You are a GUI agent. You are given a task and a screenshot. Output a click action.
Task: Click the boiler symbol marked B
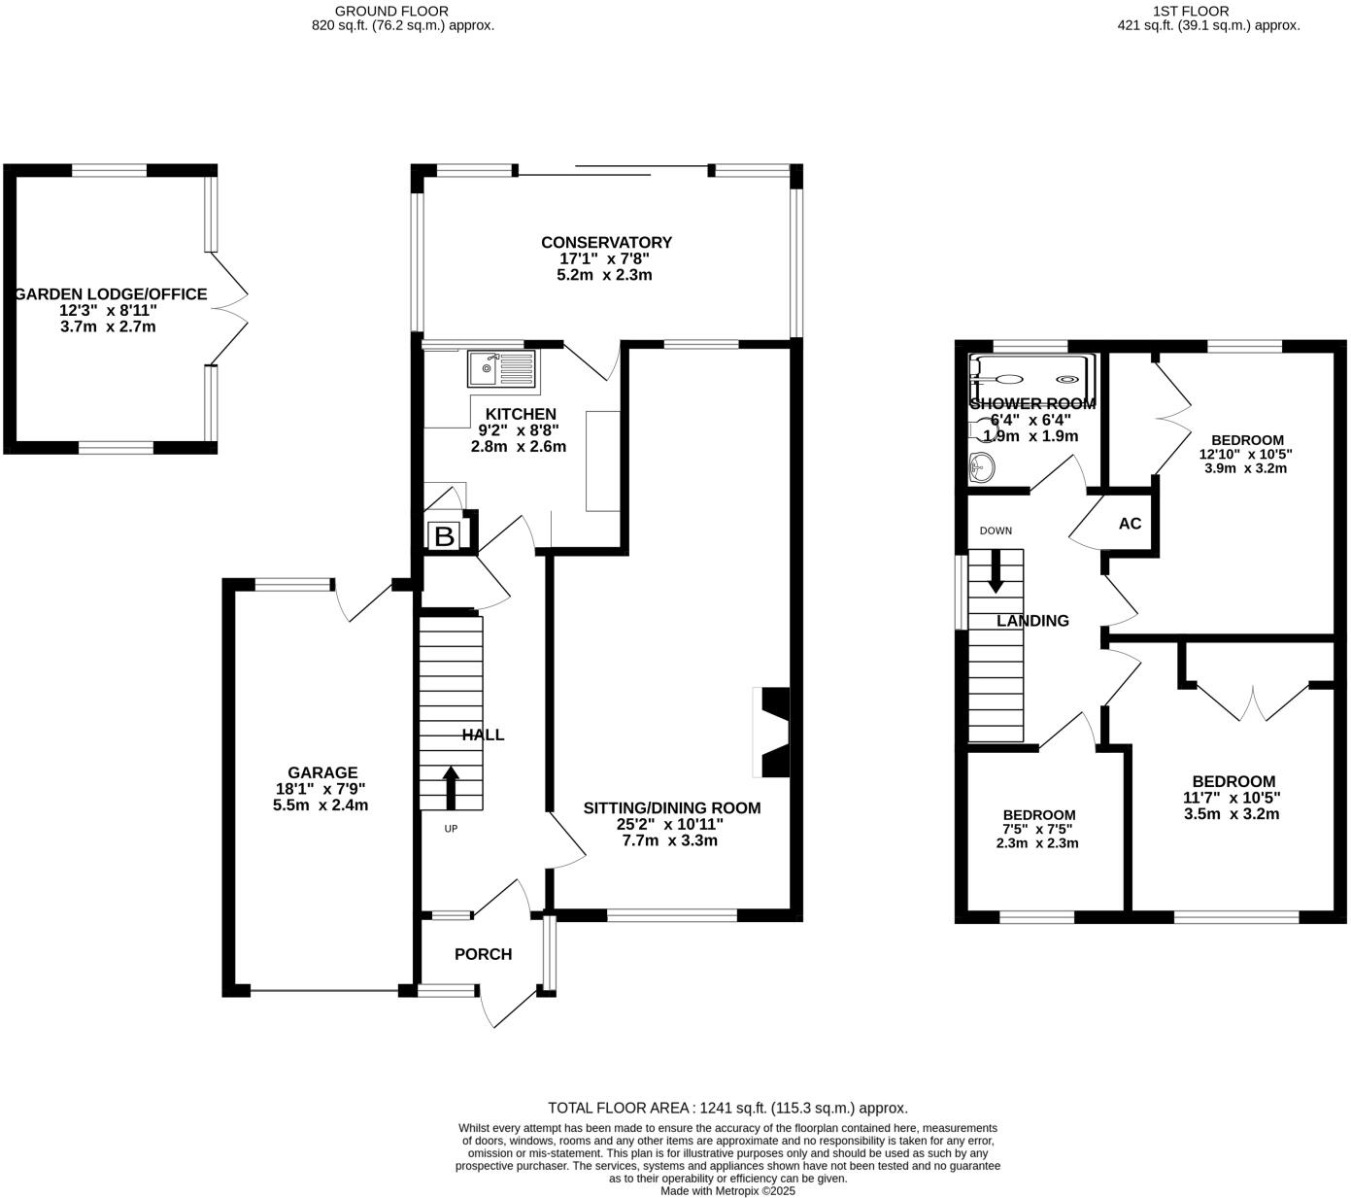coord(444,536)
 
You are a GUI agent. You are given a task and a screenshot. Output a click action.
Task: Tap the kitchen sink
coord(500,369)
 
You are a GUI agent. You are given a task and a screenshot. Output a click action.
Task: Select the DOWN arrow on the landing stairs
coord(996,571)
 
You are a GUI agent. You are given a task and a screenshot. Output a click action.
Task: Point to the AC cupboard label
coord(1130,524)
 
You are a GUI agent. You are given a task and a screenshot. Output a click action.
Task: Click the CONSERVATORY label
coord(606,243)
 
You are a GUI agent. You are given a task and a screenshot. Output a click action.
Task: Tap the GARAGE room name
coord(321,773)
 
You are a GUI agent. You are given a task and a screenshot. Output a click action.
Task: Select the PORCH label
coord(483,954)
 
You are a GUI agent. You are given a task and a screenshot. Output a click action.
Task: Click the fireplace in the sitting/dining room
coord(773,733)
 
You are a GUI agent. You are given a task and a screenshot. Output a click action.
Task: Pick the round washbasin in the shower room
coord(982,468)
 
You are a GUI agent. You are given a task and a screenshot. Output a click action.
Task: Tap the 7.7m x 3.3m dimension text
coord(670,840)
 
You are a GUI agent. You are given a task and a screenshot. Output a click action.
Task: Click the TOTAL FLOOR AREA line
coord(727,1108)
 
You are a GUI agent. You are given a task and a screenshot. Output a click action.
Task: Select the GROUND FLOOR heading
coord(391,11)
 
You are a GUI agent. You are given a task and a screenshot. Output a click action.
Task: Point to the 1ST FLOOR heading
coord(1190,11)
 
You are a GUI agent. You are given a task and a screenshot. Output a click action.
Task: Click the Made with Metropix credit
coord(727,1190)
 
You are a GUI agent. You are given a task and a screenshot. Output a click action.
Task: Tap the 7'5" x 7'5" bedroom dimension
coord(1037,830)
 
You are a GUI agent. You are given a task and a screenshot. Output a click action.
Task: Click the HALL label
coord(483,735)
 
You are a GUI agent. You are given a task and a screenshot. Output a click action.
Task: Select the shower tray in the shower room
coord(1035,379)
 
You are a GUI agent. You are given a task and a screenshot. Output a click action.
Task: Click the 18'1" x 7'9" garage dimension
coord(321,790)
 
